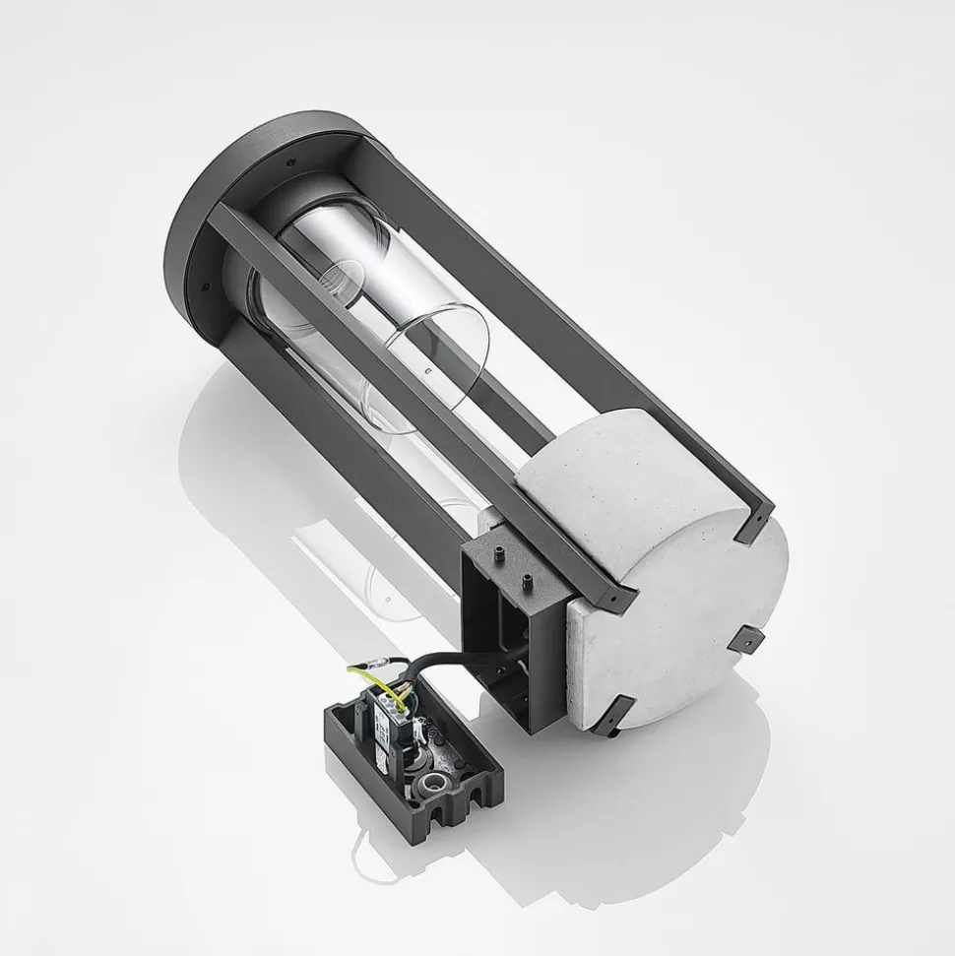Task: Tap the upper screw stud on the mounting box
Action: pyautogui.click(x=495, y=550)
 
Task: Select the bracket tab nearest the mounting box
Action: pyautogui.click(x=614, y=591)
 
